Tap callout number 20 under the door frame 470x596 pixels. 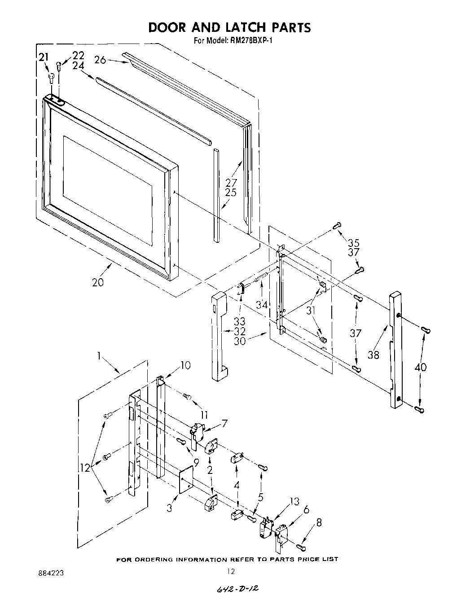tap(97, 282)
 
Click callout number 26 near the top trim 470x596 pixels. tap(100, 59)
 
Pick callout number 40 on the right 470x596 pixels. tap(421, 367)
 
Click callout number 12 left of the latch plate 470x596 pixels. tap(85, 467)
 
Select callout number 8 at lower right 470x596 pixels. tap(319, 522)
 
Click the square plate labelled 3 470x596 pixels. tap(185, 479)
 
